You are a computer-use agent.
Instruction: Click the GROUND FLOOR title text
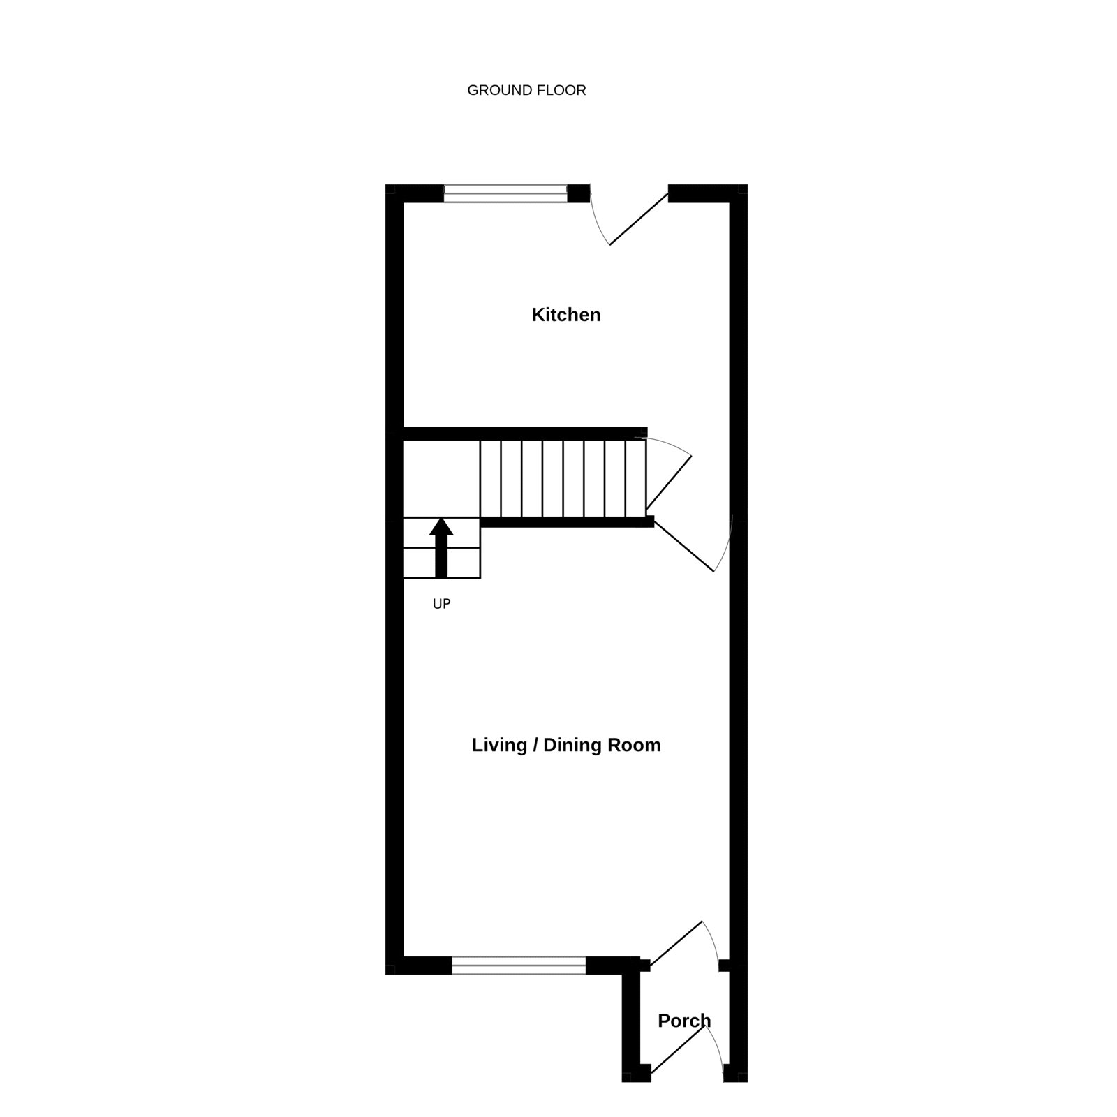coord(526,90)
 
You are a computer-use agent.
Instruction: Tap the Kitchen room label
coord(566,315)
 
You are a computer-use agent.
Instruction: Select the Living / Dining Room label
coord(566,745)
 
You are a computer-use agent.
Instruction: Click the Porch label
coord(684,1021)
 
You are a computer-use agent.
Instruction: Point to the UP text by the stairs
coord(441,604)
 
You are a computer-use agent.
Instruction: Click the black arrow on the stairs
coord(441,547)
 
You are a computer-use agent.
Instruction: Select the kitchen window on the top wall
coord(506,193)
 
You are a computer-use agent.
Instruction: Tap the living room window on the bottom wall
coord(519,966)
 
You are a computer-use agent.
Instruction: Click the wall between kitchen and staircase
coord(525,434)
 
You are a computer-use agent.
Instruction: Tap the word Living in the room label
coord(498,745)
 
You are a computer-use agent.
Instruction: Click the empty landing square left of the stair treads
coord(441,478)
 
